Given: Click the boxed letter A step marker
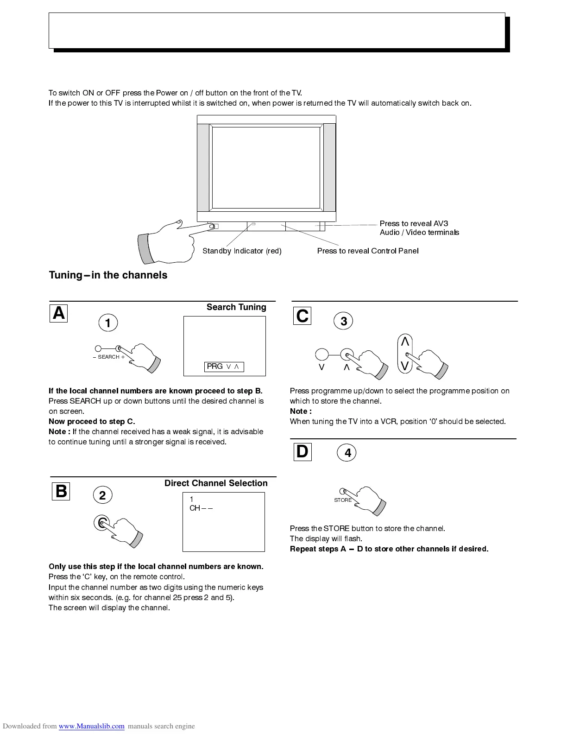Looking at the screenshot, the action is click(59, 314).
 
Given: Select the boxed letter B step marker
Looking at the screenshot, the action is click(61, 491).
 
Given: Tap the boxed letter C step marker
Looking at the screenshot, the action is click(302, 316).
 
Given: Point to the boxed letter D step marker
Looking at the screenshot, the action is click(302, 452).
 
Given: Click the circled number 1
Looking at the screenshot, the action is click(108, 323).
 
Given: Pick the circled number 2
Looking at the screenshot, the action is click(103, 495).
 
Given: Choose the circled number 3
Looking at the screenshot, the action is click(344, 321).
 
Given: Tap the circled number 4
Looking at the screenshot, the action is click(347, 453).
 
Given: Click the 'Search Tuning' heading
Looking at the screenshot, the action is click(236, 307).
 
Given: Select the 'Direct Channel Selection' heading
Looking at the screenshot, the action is click(216, 483).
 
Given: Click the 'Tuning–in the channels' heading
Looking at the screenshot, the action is click(108, 275).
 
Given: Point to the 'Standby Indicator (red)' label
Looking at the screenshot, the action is click(242, 251).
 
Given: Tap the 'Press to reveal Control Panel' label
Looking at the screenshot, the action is click(368, 251).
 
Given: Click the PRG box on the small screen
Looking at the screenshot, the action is click(224, 367).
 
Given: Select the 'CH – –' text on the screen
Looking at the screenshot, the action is click(201, 508).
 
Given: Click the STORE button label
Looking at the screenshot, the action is click(343, 500).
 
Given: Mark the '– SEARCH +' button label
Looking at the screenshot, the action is click(108, 357).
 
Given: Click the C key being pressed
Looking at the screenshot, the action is click(101, 523).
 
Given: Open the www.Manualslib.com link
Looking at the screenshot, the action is click(91, 726).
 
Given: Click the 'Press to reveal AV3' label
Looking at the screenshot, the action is click(414, 224).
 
